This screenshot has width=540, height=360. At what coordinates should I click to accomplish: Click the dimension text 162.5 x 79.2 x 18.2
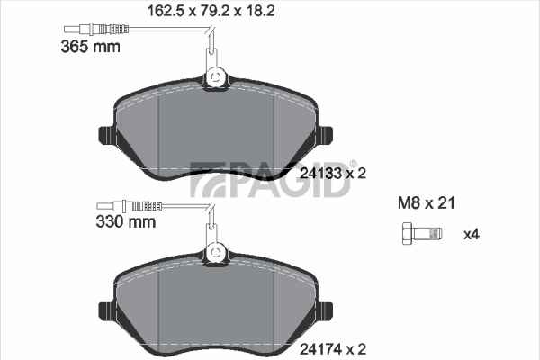click(x=211, y=11)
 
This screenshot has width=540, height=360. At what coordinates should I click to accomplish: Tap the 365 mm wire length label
click(x=90, y=47)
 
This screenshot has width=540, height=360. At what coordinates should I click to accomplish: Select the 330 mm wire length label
click(x=126, y=221)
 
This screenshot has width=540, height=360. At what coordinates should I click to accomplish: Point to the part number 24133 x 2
click(x=333, y=174)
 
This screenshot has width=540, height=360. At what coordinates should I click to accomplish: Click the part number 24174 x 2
click(x=333, y=349)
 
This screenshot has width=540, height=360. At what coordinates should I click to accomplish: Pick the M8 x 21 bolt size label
click(x=427, y=202)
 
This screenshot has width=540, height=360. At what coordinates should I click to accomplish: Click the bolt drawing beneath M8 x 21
click(x=422, y=234)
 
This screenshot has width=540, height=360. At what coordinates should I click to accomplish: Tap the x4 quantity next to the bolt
click(x=472, y=235)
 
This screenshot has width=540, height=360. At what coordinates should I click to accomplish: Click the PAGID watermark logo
click(x=270, y=179)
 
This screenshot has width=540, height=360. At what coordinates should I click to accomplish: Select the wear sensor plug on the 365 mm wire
click(x=96, y=29)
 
